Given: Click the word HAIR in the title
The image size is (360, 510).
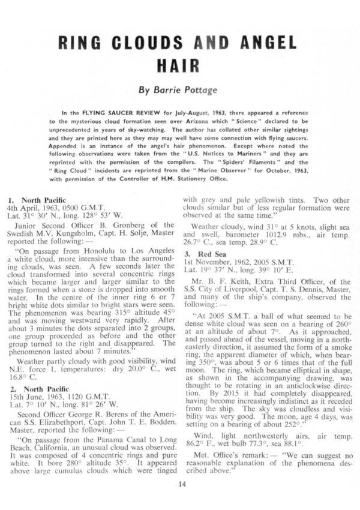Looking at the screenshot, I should click(179, 64).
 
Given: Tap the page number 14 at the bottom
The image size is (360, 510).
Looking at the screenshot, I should click(179, 484).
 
